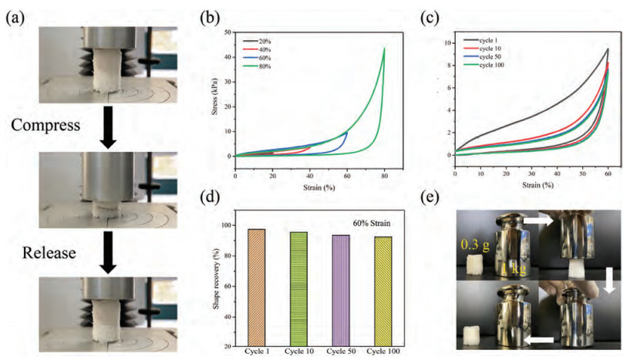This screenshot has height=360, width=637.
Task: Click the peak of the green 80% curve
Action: point(384,49)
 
